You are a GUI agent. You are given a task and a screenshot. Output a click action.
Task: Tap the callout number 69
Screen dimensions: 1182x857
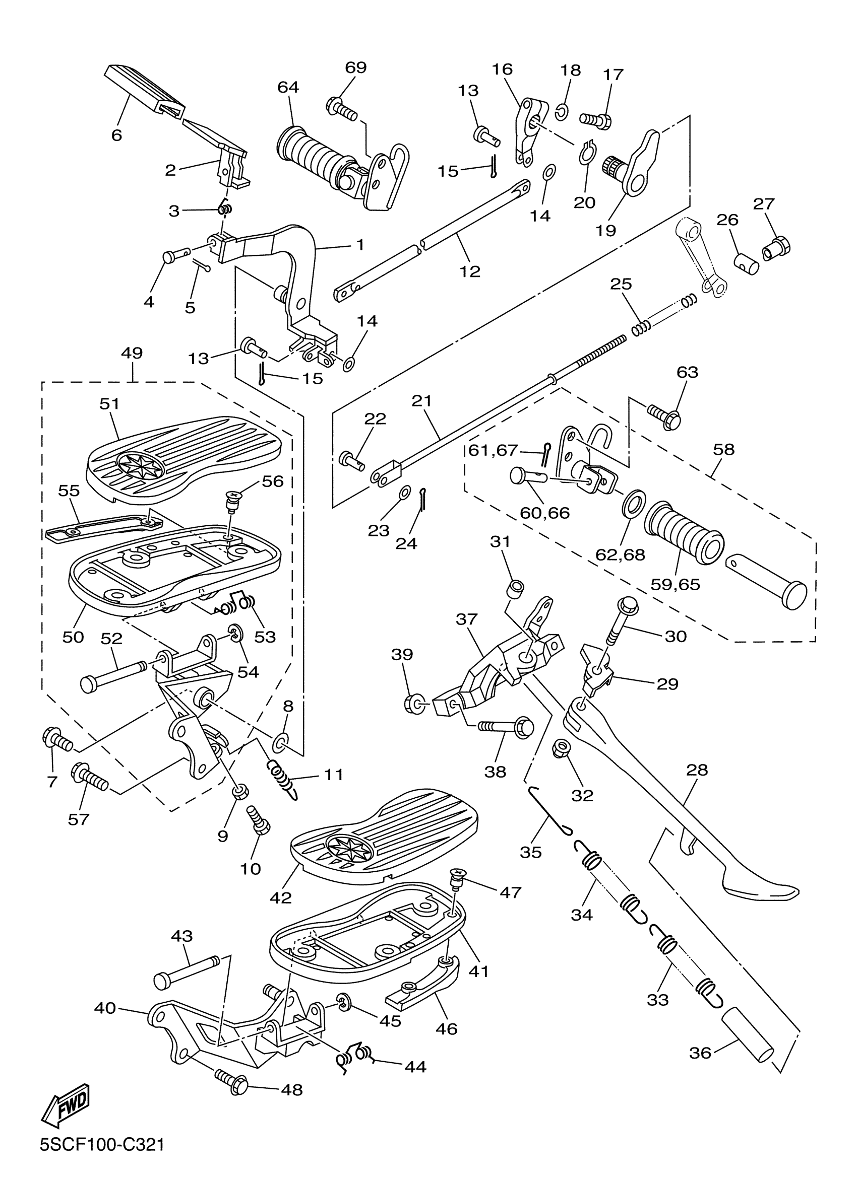(x=356, y=68)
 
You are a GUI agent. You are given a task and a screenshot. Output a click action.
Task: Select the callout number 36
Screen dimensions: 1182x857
(x=700, y=1053)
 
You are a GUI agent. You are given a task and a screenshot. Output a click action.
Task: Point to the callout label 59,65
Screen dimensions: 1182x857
(x=675, y=584)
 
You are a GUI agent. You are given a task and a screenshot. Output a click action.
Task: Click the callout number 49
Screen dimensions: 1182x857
(x=132, y=353)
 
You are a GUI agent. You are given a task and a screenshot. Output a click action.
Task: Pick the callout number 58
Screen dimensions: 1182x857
(x=723, y=449)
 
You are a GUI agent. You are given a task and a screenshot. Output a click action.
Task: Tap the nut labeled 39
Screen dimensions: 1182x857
(x=414, y=704)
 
